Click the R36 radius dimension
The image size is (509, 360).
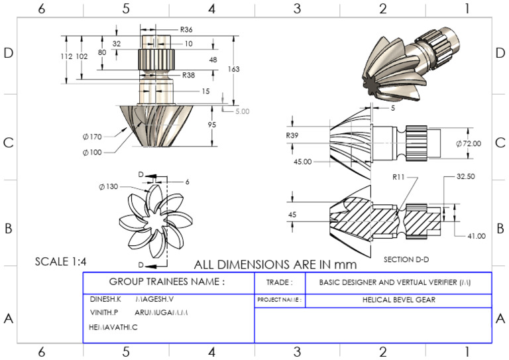coord(186,30)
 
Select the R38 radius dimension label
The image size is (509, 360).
coord(188,75)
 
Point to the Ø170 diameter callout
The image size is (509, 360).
coord(92,137)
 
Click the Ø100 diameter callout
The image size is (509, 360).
coord(92,152)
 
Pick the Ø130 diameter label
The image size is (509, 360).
coord(107,186)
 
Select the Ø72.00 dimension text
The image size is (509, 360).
coord(469,143)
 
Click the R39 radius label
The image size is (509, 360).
coord(292,135)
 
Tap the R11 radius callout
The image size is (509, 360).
coord(398,178)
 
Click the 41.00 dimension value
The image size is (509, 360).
coord(476,235)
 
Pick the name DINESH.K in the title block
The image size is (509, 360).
coord(105,300)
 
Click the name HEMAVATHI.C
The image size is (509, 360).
coord(113,328)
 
